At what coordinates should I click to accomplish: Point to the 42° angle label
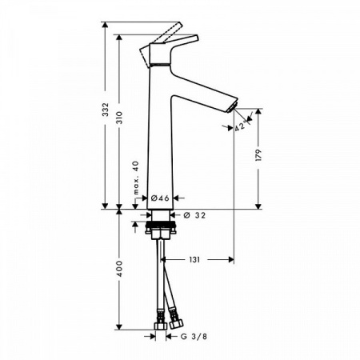pos(240,126)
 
